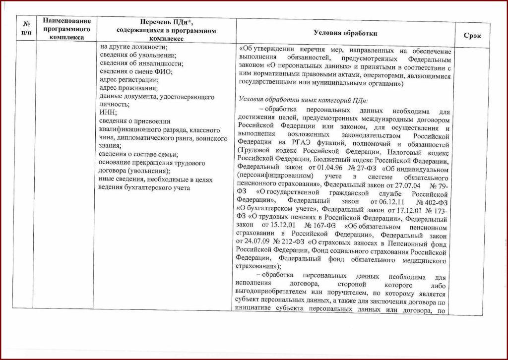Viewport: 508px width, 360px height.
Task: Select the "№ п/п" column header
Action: tap(26, 29)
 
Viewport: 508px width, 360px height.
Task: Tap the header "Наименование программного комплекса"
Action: tap(67, 29)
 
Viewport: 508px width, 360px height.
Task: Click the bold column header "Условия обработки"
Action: tap(345, 33)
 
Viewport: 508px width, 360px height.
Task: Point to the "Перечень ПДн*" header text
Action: tap(166, 22)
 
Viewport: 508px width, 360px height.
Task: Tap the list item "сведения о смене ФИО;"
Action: tap(135, 72)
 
